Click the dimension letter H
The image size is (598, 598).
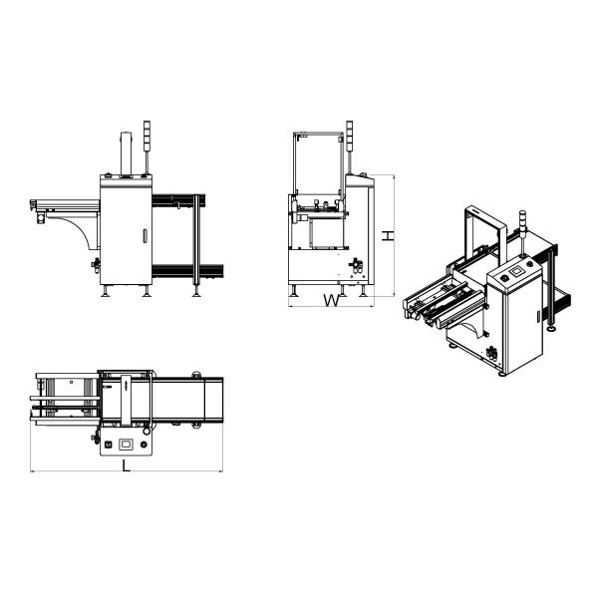388,235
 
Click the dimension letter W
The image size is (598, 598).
332,301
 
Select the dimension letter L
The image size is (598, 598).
126,465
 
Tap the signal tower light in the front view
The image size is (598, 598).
147,136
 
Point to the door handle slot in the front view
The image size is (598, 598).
145,235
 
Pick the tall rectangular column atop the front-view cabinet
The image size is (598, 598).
126,154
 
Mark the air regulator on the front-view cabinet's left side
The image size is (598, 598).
96,264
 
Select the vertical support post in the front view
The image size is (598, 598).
196,240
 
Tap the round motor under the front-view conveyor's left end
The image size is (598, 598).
41,218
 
